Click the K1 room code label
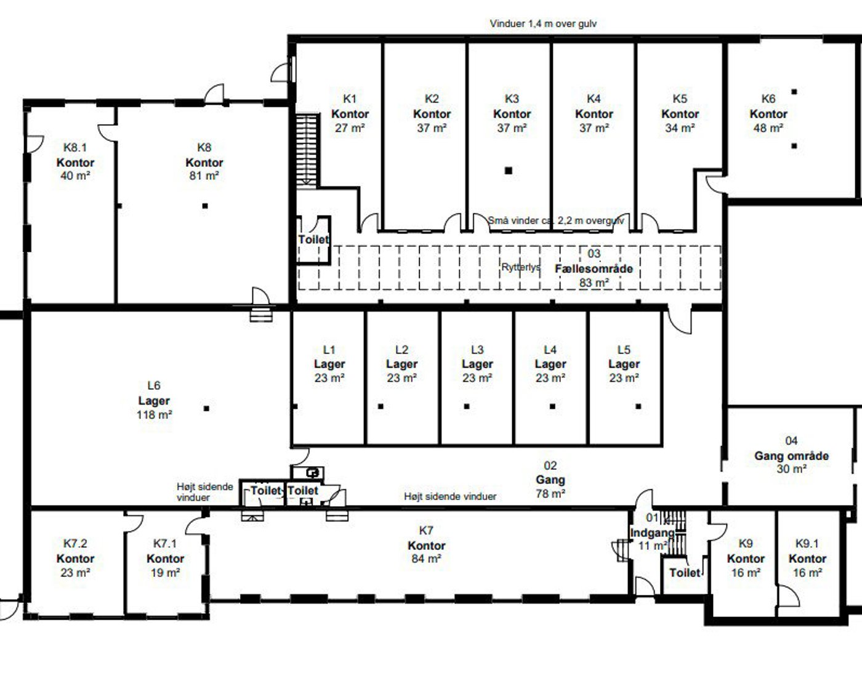350,99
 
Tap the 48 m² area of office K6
768,128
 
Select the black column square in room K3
509,171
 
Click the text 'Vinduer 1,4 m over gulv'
543,23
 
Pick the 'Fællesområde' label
594,269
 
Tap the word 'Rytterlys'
521,267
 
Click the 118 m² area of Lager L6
154,414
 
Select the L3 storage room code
477,350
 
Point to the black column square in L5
638,406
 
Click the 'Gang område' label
792,456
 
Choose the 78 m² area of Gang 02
550,494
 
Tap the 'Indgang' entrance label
653,533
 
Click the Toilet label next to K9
685,573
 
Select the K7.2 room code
75,543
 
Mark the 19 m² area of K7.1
165,573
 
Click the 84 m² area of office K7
426,558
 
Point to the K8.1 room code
75,147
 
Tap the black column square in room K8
204,206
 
